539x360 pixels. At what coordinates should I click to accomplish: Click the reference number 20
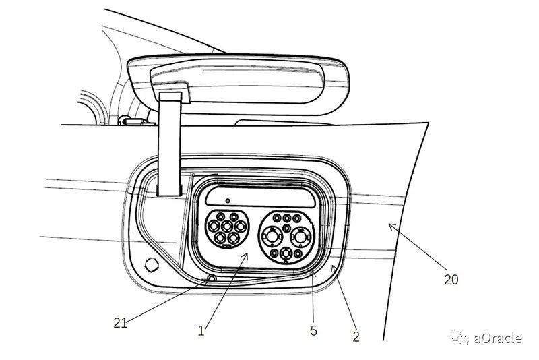451,278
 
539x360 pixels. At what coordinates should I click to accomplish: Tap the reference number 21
121,322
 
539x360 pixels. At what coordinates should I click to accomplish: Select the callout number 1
201,330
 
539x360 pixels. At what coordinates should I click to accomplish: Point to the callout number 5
313,330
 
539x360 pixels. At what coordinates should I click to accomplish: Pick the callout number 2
356,335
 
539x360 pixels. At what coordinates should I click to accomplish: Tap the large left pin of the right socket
273,236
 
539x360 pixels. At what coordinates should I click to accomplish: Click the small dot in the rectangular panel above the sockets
228,200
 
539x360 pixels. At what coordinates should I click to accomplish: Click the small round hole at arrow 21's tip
212,278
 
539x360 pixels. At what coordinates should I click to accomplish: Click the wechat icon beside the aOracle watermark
461,337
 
